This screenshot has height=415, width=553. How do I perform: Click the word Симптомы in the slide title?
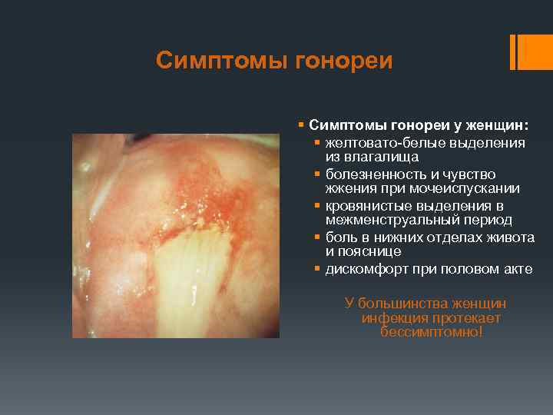coord(220,60)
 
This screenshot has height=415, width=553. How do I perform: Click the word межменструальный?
coord(383,220)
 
